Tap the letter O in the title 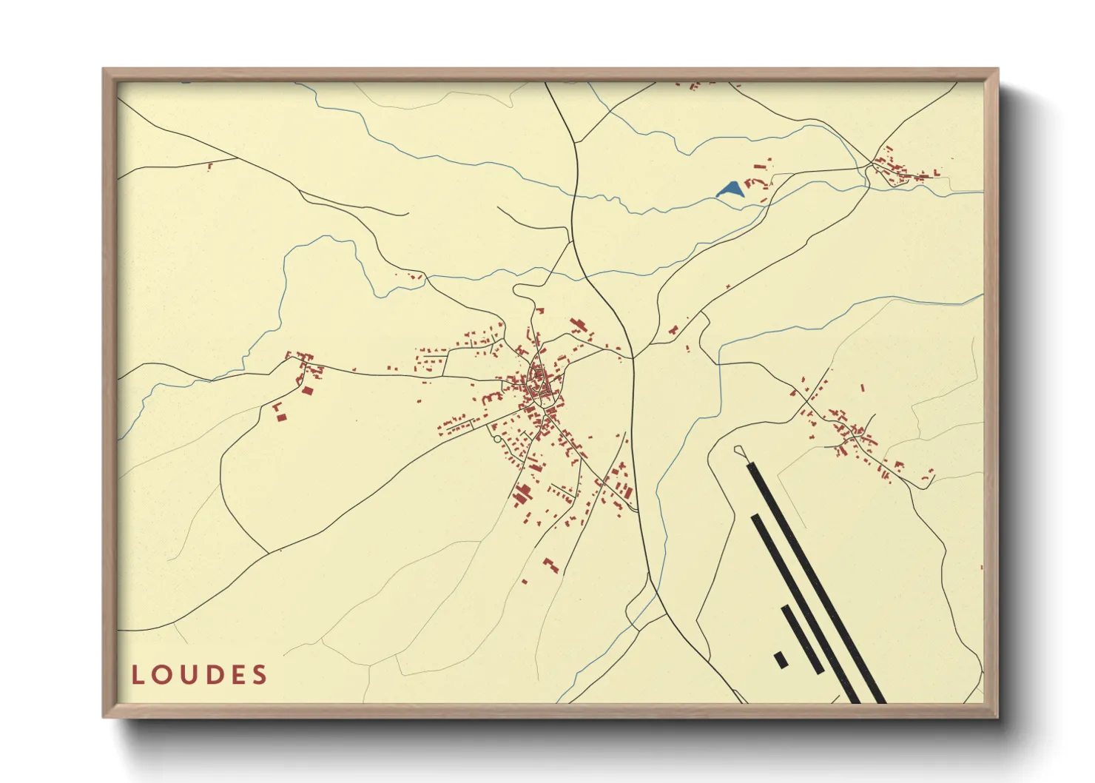coord(162,675)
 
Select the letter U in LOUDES coord(188,675)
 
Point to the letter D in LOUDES coord(213,675)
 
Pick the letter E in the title coord(237,675)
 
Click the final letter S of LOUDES coord(259,675)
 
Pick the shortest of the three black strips coord(802,639)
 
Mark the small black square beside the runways coord(781,659)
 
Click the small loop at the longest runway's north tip coord(739,450)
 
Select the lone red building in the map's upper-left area coord(210,166)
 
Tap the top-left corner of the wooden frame coord(104,70)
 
